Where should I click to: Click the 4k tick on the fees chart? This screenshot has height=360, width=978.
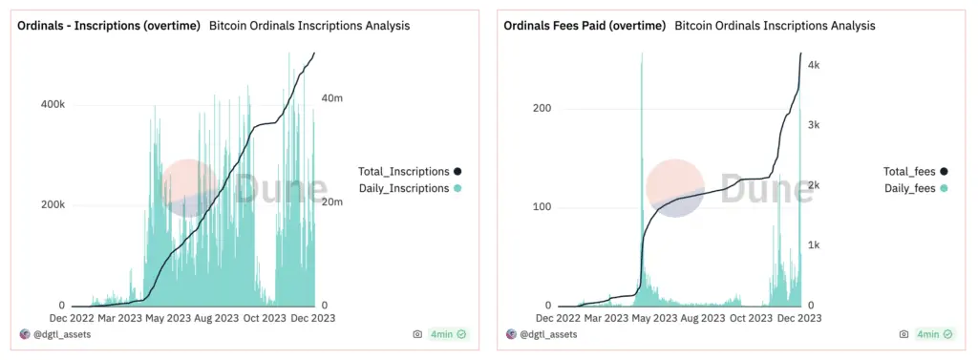pos(805,65)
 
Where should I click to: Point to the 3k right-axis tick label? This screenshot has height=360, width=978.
pos(805,125)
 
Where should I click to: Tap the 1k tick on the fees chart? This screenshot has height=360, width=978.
pos(805,245)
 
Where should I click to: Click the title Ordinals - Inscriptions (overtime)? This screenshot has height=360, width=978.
pos(108,26)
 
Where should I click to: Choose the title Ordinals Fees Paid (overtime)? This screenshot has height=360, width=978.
pos(585,26)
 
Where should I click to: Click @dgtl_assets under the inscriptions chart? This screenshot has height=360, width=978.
pos(61,334)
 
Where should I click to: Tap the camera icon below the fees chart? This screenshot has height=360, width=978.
pos(903,334)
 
